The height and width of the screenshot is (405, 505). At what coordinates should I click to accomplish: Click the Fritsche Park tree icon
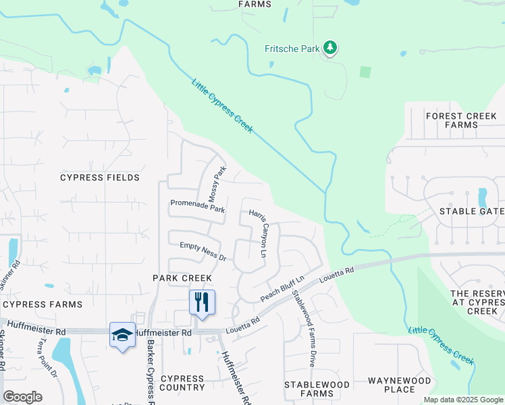(x=330, y=48)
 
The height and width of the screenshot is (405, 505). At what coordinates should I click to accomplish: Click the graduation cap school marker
(x=122, y=335)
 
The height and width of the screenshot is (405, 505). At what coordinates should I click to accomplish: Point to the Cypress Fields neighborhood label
(x=100, y=178)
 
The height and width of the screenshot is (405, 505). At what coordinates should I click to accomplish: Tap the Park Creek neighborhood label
(x=182, y=278)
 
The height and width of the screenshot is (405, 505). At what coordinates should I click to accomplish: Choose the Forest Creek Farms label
(x=461, y=120)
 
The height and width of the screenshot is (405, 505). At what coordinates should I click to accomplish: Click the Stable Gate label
(x=471, y=211)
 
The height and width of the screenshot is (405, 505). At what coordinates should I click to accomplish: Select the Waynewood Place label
(x=400, y=385)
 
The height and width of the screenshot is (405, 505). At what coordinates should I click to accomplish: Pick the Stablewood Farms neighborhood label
(x=317, y=389)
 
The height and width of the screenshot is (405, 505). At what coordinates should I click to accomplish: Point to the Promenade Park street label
(x=197, y=205)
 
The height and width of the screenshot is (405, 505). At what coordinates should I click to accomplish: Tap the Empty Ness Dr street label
(x=202, y=252)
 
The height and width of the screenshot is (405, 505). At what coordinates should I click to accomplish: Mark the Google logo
(x=22, y=397)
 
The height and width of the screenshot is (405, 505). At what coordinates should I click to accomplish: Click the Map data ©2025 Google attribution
(x=462, y=400)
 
